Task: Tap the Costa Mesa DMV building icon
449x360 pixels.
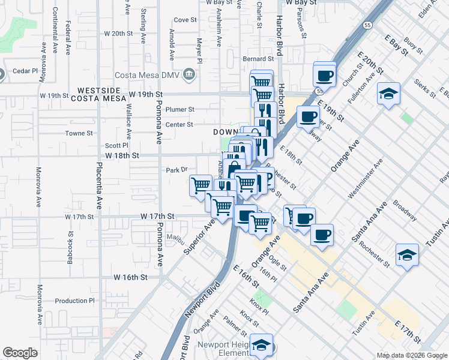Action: [x=190, y=74]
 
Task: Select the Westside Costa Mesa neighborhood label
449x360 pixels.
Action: [x=103, y=94]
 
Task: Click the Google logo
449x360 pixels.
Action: [x=20, y=353]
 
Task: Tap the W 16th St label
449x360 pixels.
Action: [x=131, y=277]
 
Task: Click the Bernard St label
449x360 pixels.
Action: [x=258, y=59]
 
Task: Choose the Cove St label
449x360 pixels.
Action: [x=185, y=20]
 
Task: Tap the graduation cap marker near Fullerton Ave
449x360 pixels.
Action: [x=389, y=94]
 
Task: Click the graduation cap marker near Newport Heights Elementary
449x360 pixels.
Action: [x=261, y=345]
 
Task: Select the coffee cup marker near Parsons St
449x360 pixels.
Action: [x=325, y=76]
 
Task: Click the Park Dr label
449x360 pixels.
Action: [x=177, y=170]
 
